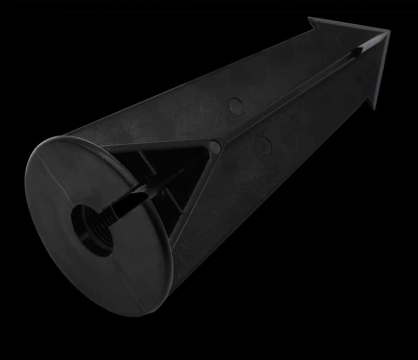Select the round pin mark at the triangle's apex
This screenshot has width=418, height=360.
214,145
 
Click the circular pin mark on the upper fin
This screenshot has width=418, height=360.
237,107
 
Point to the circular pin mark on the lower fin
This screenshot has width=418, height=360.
263,145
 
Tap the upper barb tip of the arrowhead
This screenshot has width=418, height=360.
310,18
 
